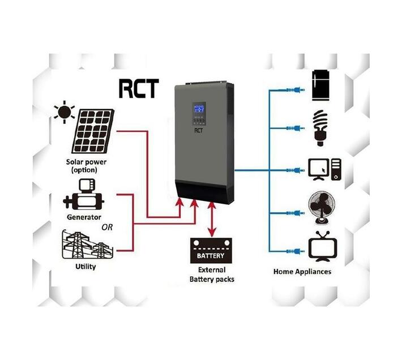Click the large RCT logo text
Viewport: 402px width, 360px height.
click(139, 88)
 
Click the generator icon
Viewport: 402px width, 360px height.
click(83, 195)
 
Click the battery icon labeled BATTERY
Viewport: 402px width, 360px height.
click(210, 250)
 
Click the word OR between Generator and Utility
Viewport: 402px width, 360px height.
click(107, 228)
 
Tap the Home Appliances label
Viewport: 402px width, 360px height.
click(302, 272)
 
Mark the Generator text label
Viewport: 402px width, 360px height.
click(84, 217)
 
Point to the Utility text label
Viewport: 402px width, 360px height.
click(85, 266)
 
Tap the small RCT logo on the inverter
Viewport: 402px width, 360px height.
click(198, 132)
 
